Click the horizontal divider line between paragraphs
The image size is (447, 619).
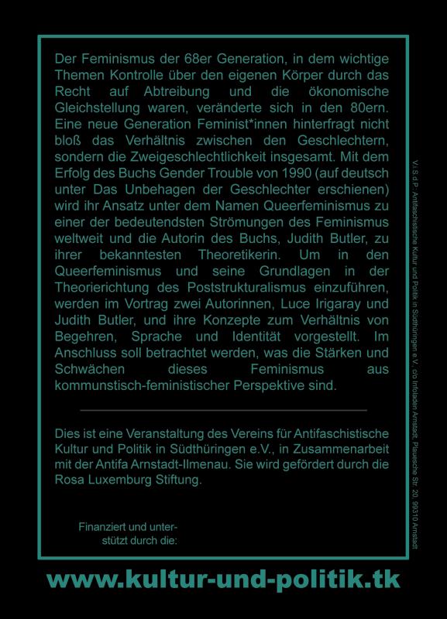pos(223,409)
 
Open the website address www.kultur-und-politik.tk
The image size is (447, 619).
pos(223,579)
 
